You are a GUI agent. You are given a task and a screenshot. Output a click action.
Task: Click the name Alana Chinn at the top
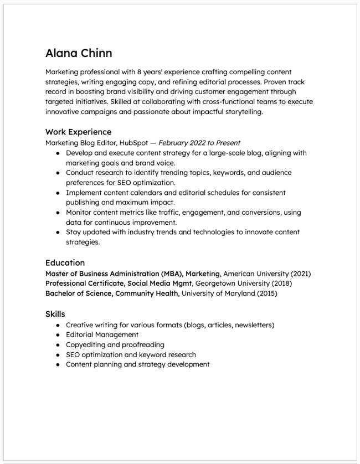79,53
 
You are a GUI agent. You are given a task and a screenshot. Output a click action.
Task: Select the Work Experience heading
78,132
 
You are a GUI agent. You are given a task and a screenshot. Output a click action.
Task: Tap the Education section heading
65,262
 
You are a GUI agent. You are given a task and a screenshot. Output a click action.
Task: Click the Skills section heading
55,314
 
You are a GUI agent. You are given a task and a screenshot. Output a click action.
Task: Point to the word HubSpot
133,143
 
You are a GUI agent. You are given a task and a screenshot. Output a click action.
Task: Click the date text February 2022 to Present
199,143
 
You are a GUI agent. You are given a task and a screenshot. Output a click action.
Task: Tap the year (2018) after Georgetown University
281,283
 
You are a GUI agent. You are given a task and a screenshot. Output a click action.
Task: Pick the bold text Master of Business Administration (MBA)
114,274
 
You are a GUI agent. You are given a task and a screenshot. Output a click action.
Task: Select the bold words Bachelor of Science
79,293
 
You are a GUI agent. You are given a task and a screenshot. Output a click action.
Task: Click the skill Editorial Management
102,335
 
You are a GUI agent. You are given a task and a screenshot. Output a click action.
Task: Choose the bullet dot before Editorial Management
58,335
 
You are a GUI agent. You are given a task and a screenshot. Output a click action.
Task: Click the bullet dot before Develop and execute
58,153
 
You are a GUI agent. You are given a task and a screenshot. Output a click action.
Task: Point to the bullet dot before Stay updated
58,233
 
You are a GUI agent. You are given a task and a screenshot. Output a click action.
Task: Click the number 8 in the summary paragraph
139,72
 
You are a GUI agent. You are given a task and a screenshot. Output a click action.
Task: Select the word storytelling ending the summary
240,111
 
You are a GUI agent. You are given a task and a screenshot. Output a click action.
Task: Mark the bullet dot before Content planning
58,365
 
